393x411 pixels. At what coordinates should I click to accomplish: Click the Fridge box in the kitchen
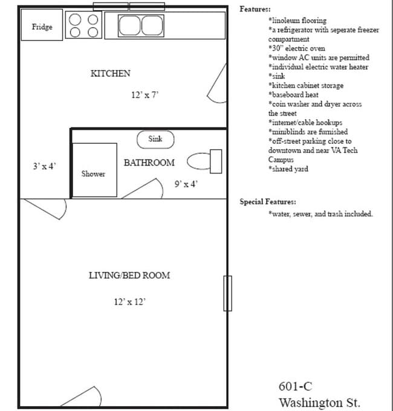pos(42,27)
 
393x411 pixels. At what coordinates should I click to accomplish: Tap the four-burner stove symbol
pos(84,26)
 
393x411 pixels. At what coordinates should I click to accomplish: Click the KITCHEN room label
pos(110,74)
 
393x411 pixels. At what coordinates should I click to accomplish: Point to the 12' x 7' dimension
pos(145,95)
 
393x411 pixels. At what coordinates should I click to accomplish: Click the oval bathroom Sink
pos(155,140)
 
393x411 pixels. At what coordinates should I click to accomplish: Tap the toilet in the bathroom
pos(205,161)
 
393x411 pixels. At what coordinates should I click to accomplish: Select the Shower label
pos(93,174)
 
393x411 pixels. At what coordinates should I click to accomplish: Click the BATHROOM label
pos(149,163)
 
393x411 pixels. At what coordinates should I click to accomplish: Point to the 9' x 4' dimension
pos(186,184)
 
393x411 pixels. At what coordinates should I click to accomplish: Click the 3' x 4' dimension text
pos(45,166)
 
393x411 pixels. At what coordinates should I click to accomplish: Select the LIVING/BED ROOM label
pos(129,276)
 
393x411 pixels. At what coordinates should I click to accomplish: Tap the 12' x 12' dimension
pos(129,301)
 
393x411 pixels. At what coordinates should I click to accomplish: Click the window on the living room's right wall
pos(227,293)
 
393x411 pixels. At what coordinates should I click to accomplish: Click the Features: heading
pos(255,9)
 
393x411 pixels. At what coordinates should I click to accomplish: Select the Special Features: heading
pos(268,202)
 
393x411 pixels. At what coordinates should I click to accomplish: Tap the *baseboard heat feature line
pos(297,95)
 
